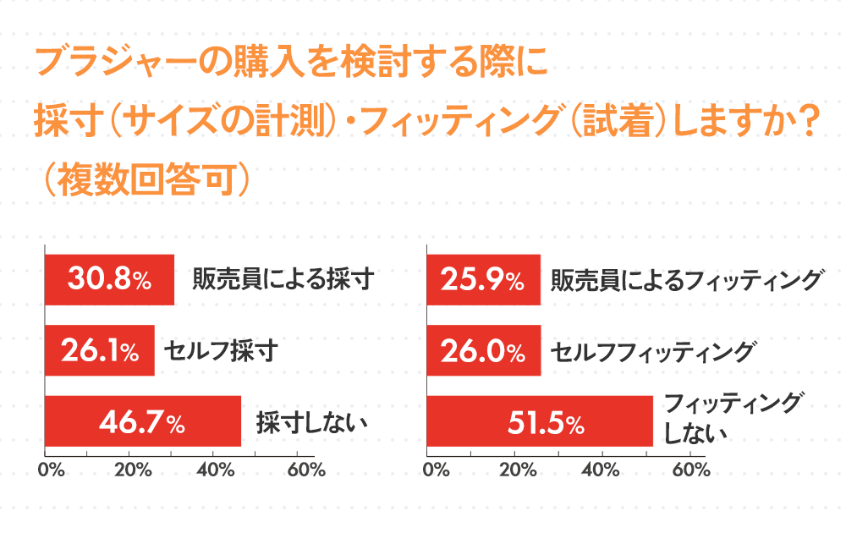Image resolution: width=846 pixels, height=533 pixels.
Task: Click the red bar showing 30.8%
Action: (x=108, y=280)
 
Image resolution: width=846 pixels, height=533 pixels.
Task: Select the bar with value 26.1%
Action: (x=99, y=350)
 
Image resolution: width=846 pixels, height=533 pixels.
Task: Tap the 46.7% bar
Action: (x=142, y=421)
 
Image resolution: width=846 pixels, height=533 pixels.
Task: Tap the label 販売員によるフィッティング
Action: (x=686, y=280)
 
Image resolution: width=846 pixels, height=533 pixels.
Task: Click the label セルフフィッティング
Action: (x=651, y=350)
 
